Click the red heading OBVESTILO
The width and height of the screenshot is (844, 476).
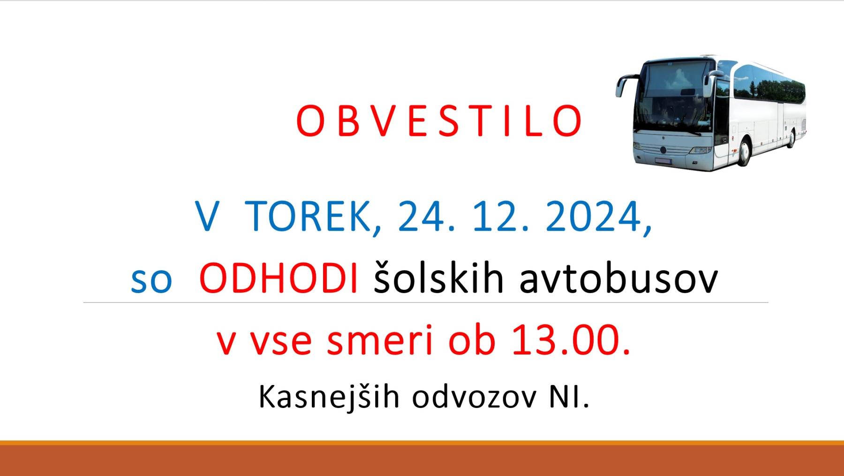pyautogui.click(x=439, y=121)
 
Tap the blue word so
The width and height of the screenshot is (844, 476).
pyautogui.click(x=151, y=281)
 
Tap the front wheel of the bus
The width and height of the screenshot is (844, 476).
pyautogui.click(x=744, y=151)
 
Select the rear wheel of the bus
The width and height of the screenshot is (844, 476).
pyautogui.click(x=792, y=138)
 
